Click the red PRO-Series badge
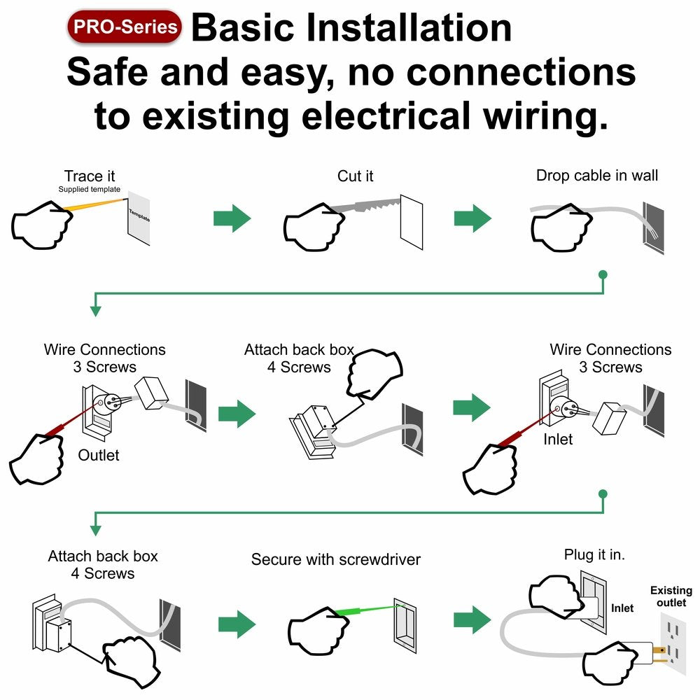pos(125,27)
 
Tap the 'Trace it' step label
pos(90,176)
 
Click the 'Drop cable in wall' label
pos(597,175)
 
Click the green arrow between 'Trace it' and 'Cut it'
pos(232,218)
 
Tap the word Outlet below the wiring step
pos(99,455)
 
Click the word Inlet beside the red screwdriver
pos(558,440)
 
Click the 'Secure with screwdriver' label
pos(336,559)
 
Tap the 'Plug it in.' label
pos(594,554)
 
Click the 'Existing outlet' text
pos(671,596)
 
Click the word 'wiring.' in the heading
pos(543,115)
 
